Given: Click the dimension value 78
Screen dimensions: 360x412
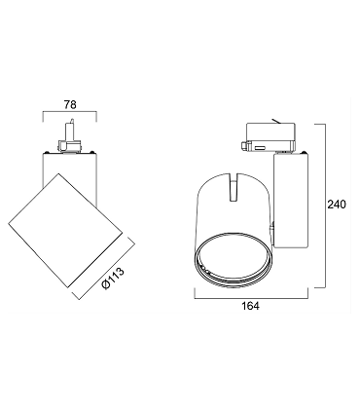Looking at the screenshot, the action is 70,105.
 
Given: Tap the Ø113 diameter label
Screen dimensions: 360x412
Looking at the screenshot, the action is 113,279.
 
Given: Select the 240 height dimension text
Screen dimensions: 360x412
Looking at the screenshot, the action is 337,205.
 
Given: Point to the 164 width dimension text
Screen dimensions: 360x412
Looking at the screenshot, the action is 251,306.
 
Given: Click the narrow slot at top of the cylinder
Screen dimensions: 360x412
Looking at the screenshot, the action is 234,187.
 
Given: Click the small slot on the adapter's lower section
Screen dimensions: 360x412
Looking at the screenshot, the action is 260,148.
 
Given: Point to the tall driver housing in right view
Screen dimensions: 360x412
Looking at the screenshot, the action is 290,202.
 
